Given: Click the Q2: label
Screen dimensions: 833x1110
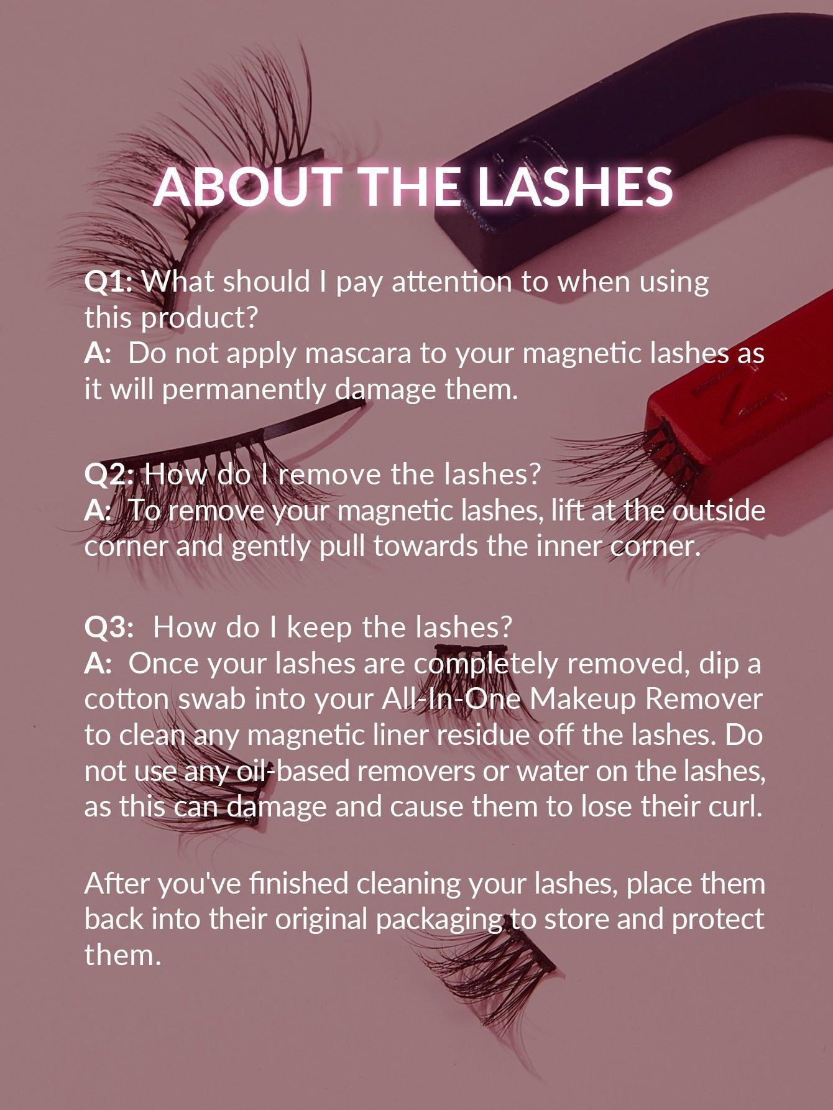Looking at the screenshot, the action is click(109, 474).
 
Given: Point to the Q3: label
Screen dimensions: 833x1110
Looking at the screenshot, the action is click(109, 627).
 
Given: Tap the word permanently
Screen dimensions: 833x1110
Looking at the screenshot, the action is click(245, 390).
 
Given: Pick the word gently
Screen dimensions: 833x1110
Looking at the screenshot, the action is click(271, 547).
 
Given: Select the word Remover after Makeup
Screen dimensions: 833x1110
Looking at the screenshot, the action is click(704, 699).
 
